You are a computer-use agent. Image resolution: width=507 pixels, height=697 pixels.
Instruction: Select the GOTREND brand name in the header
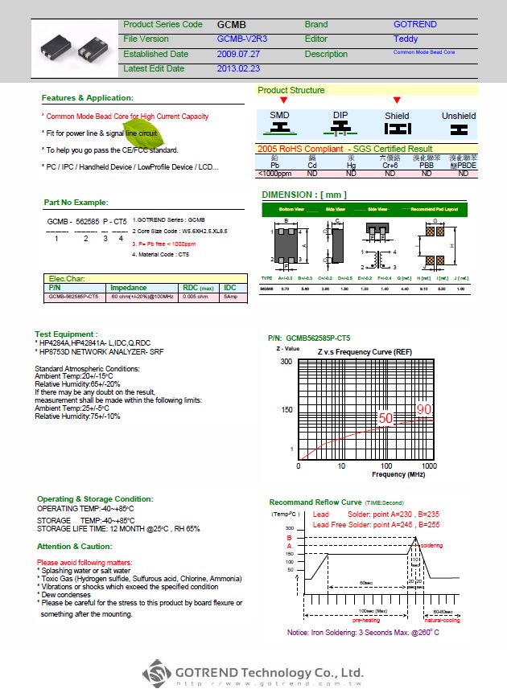414,25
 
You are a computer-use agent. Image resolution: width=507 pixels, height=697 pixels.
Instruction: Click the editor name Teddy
406,39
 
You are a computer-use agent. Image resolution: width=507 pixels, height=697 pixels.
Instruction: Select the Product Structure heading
291,90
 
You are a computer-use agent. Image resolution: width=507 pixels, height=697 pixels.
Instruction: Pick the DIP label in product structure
342,116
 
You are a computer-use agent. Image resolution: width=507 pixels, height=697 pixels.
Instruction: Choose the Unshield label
459,116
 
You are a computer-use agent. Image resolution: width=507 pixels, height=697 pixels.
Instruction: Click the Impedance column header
129,288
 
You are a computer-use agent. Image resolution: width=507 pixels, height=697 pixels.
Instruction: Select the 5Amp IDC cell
230,297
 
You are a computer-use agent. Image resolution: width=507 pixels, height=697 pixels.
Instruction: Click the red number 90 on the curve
424,410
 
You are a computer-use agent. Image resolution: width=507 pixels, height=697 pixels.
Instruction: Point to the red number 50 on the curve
386,418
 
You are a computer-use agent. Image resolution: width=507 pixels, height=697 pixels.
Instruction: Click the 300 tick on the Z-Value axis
286,362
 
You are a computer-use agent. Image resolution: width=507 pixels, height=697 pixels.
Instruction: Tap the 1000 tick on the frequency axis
429,466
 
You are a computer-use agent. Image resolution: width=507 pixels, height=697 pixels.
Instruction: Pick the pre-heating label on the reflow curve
366,620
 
